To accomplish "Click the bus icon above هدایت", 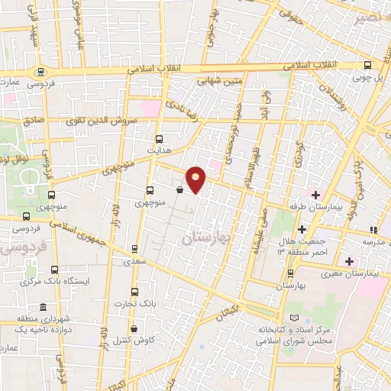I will tap(159, 139).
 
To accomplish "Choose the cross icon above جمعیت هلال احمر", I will tap(302, 229).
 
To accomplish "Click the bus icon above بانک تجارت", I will tap(134, 292).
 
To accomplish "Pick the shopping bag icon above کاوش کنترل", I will tap(134, 328).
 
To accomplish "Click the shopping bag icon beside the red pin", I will tap(179, 190).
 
